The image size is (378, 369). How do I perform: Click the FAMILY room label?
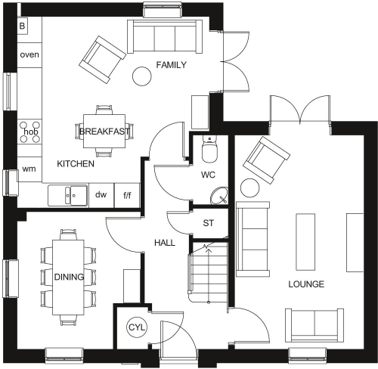[171, 66]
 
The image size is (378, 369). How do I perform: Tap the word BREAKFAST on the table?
[104, 132]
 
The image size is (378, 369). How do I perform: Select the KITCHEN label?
[76, 163]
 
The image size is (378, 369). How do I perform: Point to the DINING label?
[69, 278]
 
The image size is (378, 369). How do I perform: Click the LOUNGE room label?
[306, 284]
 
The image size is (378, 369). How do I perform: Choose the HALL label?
[165, 243]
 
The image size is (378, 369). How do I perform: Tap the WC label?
[209, 175]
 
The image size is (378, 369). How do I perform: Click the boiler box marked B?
[22, 26]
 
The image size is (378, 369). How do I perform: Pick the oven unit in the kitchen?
[29, 55]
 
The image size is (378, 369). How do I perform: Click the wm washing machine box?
[29, 168]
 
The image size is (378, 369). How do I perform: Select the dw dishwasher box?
[101, 195]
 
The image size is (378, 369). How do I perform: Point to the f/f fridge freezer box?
[126, 195]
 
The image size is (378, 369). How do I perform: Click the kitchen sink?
[70, 196]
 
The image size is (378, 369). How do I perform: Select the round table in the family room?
[142, 76]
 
